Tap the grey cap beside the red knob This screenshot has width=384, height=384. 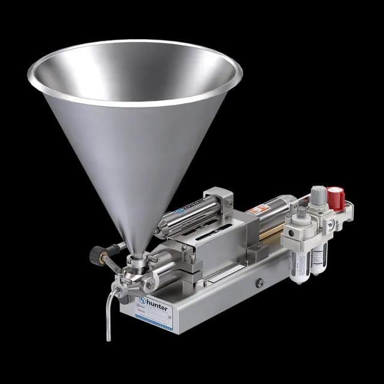click(x=319, y=195)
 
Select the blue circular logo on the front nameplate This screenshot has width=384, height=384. click(x=142, y=300)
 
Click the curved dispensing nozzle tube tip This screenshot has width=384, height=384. click(x=109, y=336)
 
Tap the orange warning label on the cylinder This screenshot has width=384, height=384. click(x=258, y=210)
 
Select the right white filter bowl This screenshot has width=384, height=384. click(x=316, y=259)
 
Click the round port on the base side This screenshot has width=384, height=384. click(x=259, y=283)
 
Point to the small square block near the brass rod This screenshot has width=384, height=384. click(x=254, y=250)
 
